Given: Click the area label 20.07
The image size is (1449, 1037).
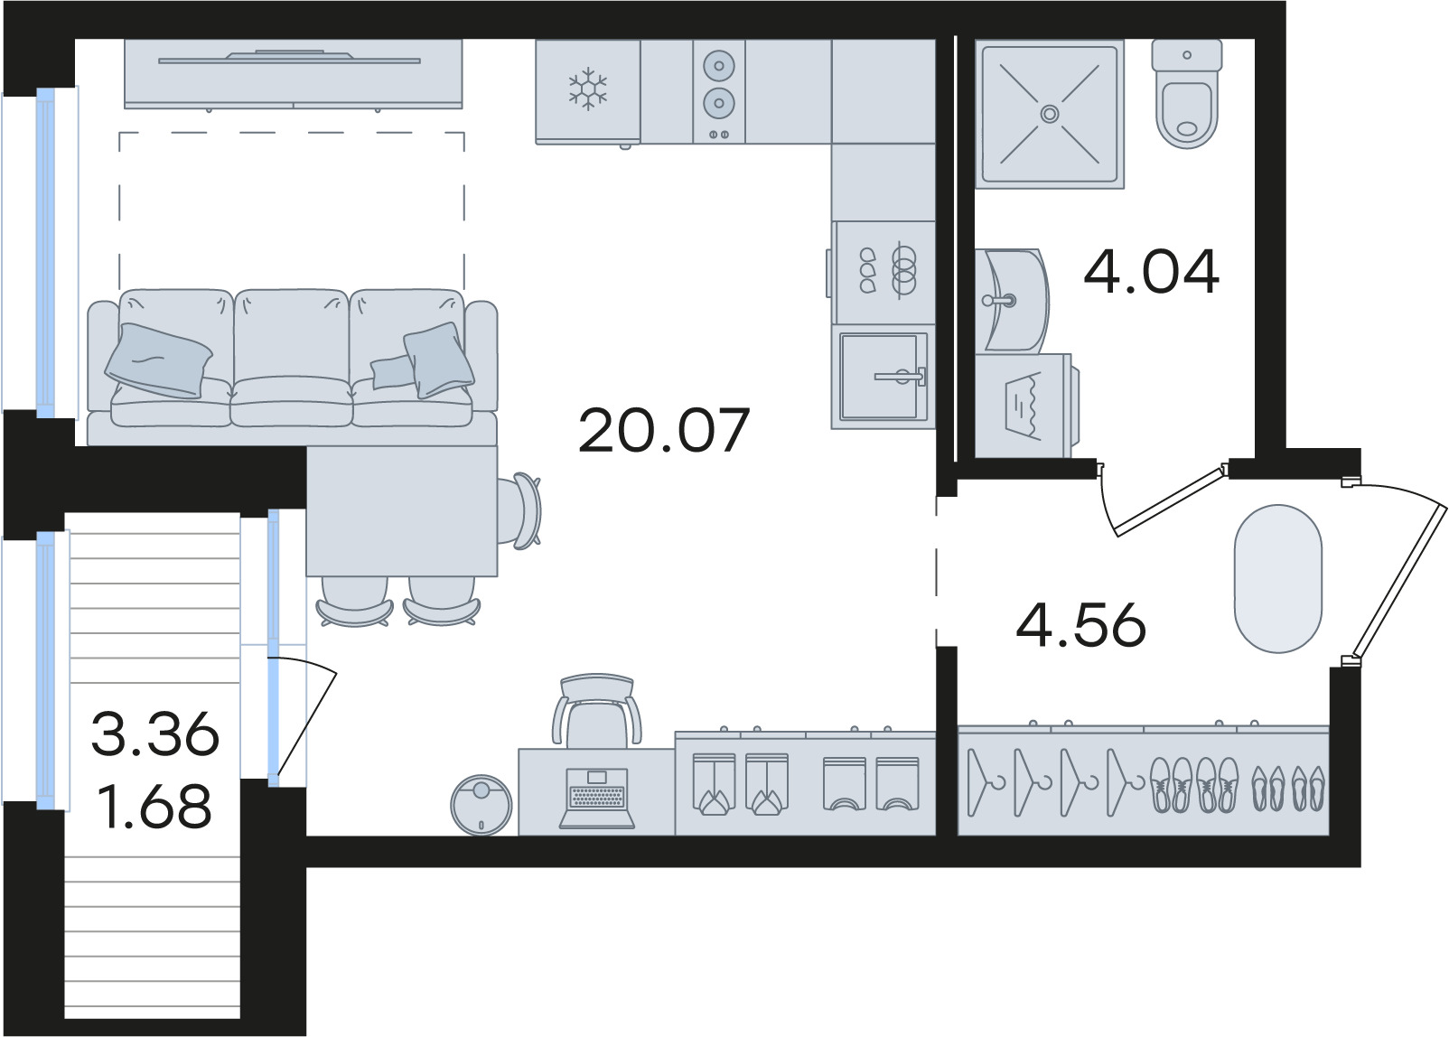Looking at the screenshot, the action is (x=664, y=430).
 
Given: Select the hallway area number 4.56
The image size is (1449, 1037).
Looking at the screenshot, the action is (x=1081, y=624).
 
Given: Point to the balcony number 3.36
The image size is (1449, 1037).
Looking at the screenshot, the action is (x=155, y=733).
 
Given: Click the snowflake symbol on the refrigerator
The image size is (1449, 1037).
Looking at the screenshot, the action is (x=587, y=89).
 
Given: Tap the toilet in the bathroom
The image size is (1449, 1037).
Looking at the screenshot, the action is (x=1187, y=94).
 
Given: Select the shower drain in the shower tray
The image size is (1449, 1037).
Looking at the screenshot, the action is (x=1049, y=115).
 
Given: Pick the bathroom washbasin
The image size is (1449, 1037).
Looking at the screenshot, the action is (x=1012, y=300).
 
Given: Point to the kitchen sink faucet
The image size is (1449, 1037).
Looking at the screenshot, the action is (x=901, y=376).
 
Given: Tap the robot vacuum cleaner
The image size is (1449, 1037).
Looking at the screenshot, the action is (x=481, y=806).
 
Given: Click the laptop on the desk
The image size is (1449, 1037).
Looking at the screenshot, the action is (x=597, y=798).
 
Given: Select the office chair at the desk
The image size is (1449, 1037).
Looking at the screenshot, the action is (x=597, y=710).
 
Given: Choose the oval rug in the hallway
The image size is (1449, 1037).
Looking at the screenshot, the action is (x=1277, y=578).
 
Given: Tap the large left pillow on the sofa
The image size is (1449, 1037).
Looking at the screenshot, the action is (x=158, y=360).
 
